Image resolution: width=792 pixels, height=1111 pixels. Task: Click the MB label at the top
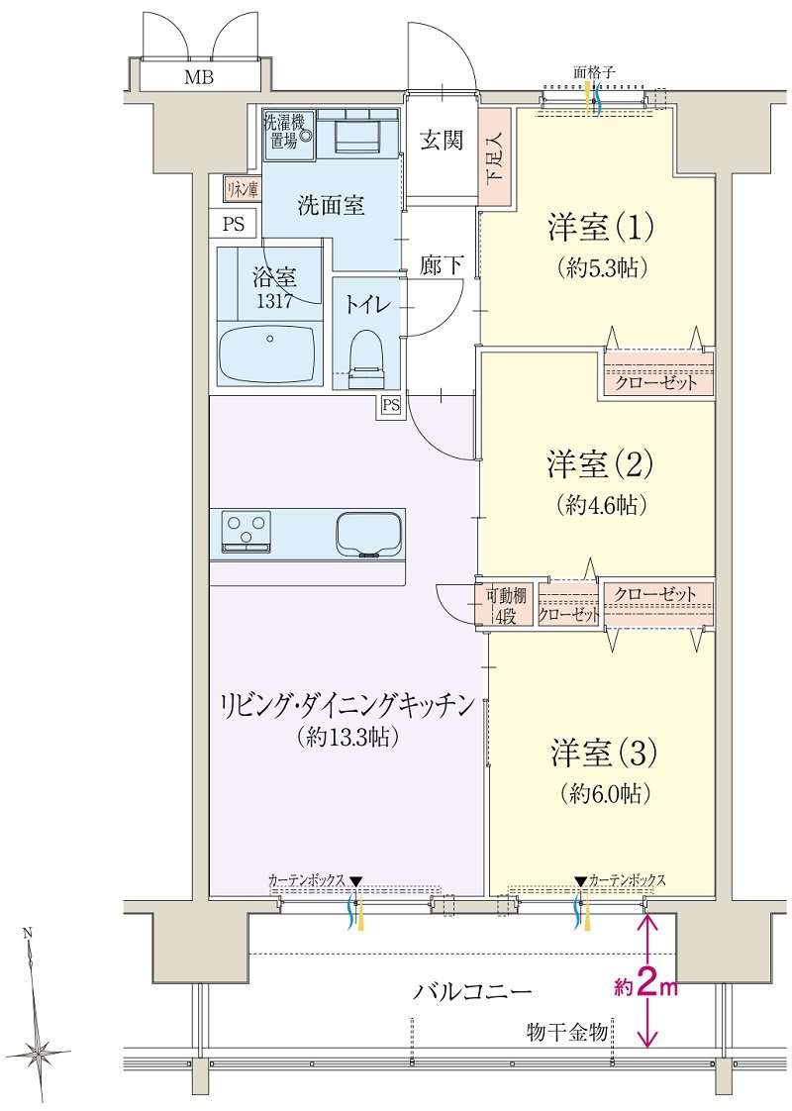[x=199, y=77]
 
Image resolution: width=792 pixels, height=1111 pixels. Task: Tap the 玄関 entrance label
[x=442, y=141]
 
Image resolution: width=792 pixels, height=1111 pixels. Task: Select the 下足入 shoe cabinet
[x=495, y=157]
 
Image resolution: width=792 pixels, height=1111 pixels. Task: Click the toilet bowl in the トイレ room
[x=367, y=360]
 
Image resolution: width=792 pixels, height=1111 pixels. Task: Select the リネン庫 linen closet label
[x=243, y=189]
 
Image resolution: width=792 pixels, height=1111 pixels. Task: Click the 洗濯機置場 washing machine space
[x=289, y=133]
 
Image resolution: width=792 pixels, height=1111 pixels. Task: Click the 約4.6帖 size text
[x=601, y=505]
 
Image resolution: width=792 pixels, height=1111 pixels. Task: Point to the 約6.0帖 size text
[x=605, y=793]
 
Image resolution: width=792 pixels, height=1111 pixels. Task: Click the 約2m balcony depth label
[x=645, y=986]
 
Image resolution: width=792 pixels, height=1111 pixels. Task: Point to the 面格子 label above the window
[x=594, y=71]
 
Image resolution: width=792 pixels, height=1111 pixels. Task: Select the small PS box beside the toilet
[x=390, y=405]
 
